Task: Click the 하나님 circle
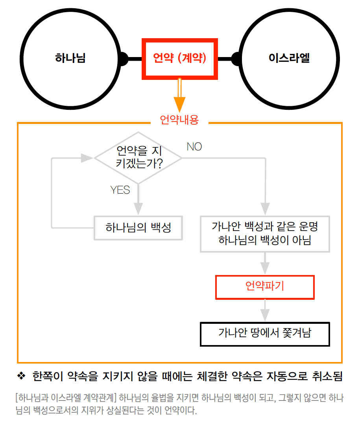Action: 70,59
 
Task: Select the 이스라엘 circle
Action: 289,59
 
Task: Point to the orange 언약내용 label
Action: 179,120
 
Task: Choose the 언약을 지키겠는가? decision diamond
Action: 138,158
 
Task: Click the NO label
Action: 194,147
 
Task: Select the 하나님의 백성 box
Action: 138,228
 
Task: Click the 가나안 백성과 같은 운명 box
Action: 265,234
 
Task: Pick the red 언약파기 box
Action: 265,287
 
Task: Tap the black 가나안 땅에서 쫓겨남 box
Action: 265,334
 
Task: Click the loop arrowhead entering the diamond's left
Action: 87,158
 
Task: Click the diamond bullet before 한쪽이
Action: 22,377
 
